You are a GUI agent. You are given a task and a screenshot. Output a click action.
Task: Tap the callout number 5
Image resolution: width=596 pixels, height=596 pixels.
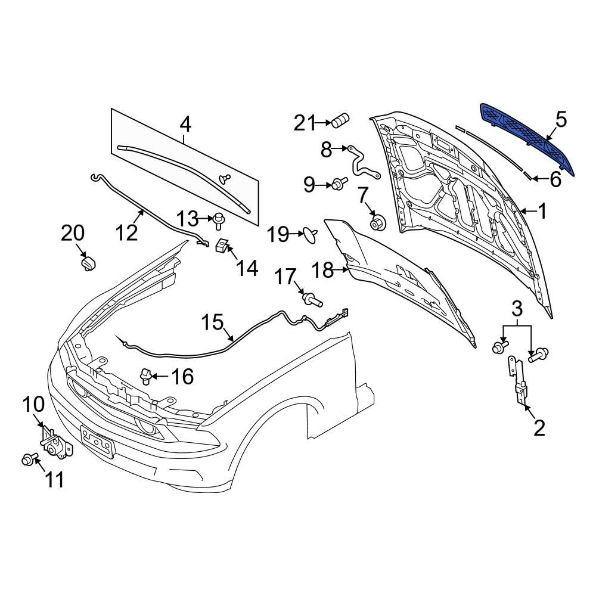click(561, 120)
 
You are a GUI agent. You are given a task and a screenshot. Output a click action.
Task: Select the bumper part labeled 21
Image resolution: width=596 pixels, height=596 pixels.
click(341, 122)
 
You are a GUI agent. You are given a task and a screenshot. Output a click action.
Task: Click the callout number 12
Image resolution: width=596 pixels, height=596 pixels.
click(126, 232)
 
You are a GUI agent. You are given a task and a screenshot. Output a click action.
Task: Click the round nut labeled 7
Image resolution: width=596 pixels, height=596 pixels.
click(377, 223)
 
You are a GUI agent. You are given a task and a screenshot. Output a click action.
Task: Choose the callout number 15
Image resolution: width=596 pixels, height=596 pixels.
click(212, 323)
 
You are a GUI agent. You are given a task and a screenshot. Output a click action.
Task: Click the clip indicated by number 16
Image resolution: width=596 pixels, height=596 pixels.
click(145, 376)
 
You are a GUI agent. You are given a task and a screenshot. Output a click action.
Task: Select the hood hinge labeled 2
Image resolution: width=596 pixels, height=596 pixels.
click(519, 381)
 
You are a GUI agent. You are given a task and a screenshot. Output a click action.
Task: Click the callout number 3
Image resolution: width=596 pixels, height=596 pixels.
click(517, 309)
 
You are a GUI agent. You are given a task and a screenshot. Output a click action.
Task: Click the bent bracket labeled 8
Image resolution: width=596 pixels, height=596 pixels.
click(359, 161)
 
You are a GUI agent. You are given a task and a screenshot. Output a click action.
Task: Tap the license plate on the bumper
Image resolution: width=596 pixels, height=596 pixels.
click(97, 442)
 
